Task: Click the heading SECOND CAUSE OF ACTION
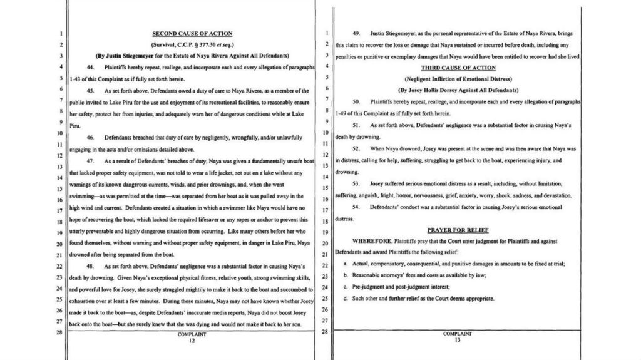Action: [192, 33]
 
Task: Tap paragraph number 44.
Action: [90, 67]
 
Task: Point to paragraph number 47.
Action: [90, 161]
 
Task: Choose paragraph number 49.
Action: [357, 33]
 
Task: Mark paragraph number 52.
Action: [357, 148]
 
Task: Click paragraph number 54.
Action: [357, 207]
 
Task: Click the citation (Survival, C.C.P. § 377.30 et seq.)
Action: [192, 44]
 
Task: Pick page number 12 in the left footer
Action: [192, 341]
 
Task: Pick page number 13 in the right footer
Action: [457, 341]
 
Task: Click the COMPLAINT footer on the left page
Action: [192, 334]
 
